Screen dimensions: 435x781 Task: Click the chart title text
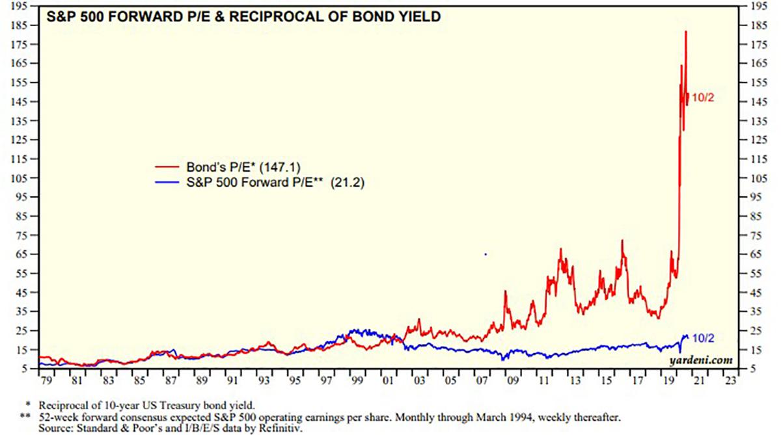pos(247,16)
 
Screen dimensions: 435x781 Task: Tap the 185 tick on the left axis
pos(20,25)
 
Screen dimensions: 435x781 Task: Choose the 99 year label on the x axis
pos(355,379)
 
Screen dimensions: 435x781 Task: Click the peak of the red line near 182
pos(685,31)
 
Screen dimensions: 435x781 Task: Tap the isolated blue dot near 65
pos(486,254)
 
